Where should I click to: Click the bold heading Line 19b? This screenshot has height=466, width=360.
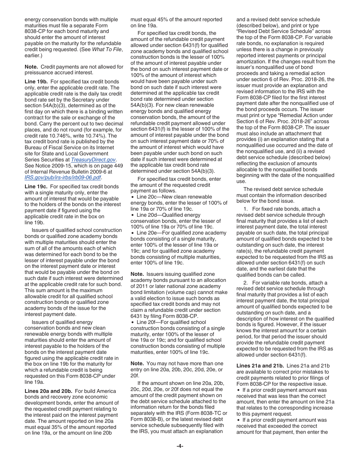pos(36,81)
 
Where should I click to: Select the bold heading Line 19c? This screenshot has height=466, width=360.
pos(36,186)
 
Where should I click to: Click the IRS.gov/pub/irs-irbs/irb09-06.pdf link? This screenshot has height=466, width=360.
pos(63,177)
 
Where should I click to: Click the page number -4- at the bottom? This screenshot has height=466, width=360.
pos(180,446)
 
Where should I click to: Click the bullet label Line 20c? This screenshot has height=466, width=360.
pos(146,197)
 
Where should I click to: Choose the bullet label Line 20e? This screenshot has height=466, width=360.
pos(146,233)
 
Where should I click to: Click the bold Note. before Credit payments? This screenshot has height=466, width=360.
pos(31,67)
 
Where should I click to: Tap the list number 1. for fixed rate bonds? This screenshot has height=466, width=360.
pos(246,209)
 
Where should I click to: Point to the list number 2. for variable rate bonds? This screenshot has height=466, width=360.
pos(246,283)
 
